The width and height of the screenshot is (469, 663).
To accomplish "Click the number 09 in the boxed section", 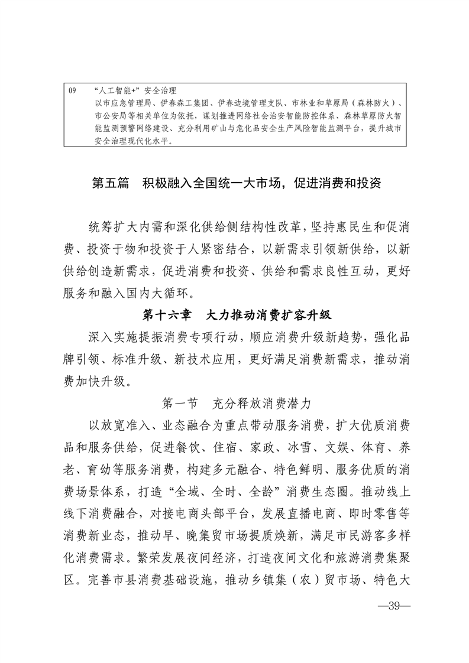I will coord(73,91).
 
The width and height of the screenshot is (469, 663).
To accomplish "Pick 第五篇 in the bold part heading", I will coord(111,183).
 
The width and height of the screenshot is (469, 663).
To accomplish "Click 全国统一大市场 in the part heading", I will coord(232,183).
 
